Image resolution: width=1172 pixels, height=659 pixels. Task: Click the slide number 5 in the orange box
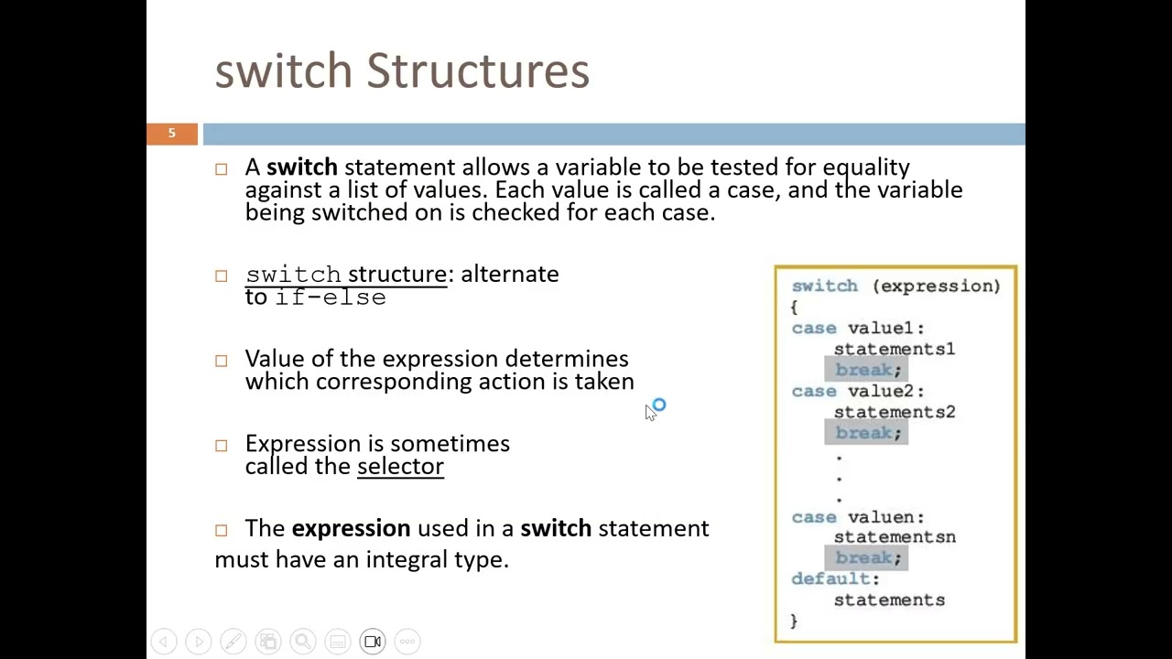click(171, 134)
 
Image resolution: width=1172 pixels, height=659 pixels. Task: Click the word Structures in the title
click(477, 71)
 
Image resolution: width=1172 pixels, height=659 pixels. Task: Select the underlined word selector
click(400, 466)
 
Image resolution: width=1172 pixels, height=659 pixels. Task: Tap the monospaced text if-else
click(331, 297)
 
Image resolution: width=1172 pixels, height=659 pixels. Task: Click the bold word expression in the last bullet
click(351, 528)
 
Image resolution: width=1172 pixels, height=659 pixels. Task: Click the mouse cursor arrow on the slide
click(650, 413)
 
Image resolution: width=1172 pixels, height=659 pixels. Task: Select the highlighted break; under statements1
click(867, 370)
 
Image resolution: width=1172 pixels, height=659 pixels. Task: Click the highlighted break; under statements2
click(867, 433)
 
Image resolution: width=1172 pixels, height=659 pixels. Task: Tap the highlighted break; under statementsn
click(867, 557)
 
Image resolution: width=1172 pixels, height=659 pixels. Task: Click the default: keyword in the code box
click(835, 578)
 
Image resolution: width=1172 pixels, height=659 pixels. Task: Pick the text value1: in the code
click(885, 328)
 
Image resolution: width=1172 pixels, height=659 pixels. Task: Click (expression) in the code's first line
click(936, 286)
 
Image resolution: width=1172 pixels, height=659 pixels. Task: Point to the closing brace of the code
click(794, 621)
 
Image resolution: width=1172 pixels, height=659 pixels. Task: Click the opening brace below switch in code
click(794, 307)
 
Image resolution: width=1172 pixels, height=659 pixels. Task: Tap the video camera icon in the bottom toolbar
click(373, 642)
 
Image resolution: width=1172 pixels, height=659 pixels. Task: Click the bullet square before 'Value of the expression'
click(222, 361)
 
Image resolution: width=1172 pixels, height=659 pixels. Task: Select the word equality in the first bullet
click(865, 167)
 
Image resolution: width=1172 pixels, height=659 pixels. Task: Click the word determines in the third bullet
click(566, 359)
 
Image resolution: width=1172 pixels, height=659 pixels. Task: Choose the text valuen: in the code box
click(885, 517)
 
